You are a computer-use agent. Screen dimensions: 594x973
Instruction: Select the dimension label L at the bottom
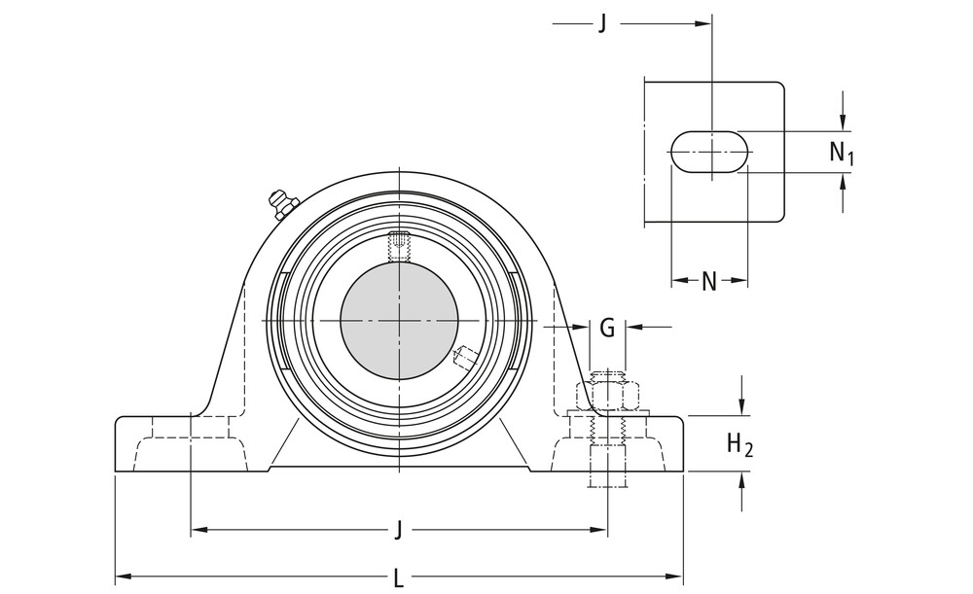[399, 579]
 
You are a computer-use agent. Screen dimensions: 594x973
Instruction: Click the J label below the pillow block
[399, 531]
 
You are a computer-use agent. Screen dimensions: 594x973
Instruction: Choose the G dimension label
[607, 328]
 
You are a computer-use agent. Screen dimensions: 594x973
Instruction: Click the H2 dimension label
[740, 444]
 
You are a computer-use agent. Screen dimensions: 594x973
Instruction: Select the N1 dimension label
[842, 152]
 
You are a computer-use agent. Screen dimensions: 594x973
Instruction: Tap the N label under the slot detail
[709, 282]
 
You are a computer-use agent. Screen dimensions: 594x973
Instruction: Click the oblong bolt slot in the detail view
[710, 153]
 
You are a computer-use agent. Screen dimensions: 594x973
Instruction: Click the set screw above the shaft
[399, 246]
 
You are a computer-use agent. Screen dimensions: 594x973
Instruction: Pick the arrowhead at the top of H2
[742, 409]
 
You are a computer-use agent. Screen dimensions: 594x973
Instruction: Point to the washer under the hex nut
[608, 414]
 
